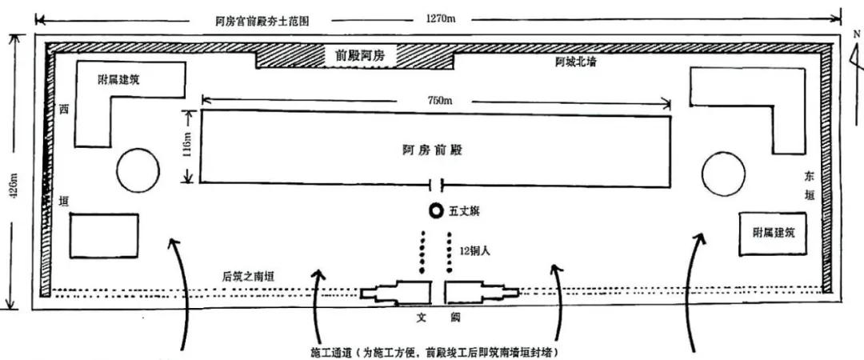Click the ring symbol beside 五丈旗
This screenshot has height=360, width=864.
point(435,211)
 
